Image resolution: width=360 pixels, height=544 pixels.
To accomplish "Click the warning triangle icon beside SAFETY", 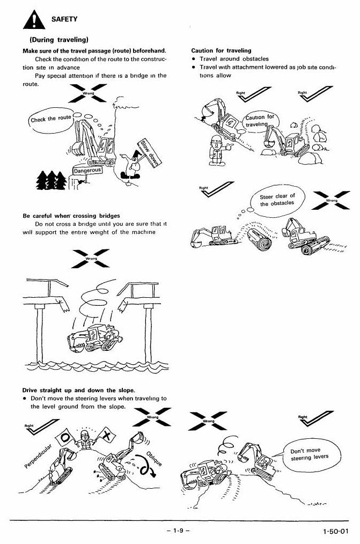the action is click(x=34, y=20).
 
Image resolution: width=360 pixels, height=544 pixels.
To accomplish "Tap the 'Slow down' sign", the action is click(x=149, y=152).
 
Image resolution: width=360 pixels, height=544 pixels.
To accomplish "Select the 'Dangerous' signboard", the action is click(x=88, y=171).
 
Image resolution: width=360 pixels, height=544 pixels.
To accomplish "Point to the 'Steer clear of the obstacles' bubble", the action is click(x=277, y=200).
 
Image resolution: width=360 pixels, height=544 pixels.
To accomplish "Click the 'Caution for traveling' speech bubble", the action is click(x=260, y=121).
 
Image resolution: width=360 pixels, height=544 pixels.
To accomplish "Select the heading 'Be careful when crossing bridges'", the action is click(x=71, y=216).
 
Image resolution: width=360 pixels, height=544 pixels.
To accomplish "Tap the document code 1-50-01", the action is click(x=336, y=531).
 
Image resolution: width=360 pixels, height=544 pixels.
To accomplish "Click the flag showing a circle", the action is click(x=65, y=437).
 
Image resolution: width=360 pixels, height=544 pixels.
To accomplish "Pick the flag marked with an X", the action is click(x=107, y=436).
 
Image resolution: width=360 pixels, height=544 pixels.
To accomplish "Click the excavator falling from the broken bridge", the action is click(x=94, y=339).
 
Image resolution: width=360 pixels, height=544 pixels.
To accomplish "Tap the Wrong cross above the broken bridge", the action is click(x=91, y=259).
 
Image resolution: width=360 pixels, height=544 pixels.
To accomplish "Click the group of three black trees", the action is click(x=52, y=180).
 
